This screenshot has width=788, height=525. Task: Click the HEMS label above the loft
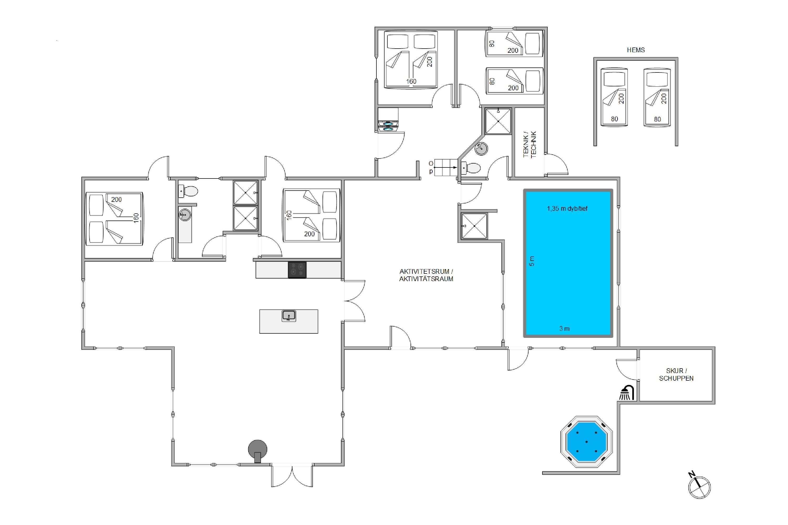click(x=636, y=50)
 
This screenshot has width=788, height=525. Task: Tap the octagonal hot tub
click(x=586, y=442)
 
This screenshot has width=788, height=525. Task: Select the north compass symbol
click(x=699, y=486)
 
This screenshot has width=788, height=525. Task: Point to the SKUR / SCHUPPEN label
click(x=676, y=374)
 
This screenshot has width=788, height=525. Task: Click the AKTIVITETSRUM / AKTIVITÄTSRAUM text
click(x=426, y=275)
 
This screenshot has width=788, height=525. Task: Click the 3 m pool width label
click(x=564, y=328)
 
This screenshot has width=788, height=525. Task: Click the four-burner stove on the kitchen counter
click(x=297, y=270)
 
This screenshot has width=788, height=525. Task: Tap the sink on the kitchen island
click(x=288, y=316)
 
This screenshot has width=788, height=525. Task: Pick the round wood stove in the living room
click(x=257, y=450)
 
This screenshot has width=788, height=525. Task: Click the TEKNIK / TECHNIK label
click(x=530, y=144)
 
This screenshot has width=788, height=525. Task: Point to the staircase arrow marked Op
click(x=445, y=167)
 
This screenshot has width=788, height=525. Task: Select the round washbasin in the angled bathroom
click(x=481, y=149)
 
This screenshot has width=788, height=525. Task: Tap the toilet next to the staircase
click(x=471, y=168)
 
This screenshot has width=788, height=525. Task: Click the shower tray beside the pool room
click(x=474, y=226)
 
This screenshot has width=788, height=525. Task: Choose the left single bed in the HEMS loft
click(x=614, y=97)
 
